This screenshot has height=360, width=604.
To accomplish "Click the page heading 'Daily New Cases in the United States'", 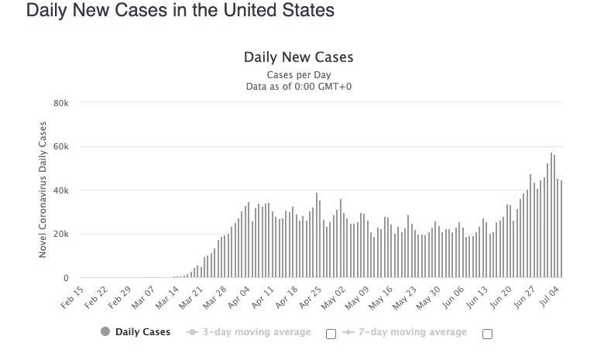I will [x=180, y=11].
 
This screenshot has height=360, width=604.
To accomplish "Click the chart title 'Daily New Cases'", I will [x=298, y=57].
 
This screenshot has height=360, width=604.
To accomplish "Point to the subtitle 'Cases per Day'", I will [x=298, y=75].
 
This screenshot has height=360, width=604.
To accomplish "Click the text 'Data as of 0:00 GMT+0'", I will [x=298, y=87].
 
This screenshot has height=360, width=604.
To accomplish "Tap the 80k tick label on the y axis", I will [x=61, y=103].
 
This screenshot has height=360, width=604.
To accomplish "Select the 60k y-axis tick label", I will [x=61, y=147].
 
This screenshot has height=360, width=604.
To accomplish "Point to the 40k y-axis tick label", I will [x=61, y=190].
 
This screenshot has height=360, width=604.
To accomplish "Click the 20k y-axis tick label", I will [x=61, y=234].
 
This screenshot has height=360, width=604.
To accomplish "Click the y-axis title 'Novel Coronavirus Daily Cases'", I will [x=43, y=190].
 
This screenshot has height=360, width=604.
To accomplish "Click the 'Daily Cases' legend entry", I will [x=136, y=332].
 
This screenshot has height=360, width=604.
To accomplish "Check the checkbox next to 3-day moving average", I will [x=331, y=334].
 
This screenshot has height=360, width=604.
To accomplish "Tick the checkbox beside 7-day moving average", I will [x=487, y=334].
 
